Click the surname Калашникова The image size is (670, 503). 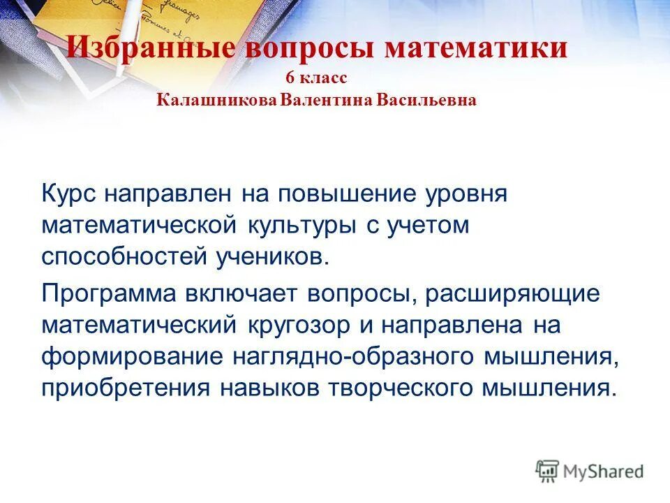coord(217,101)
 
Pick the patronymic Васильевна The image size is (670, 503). coord(426,101)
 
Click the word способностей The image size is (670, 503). coord(117,256)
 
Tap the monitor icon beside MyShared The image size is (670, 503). coord(548,470)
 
